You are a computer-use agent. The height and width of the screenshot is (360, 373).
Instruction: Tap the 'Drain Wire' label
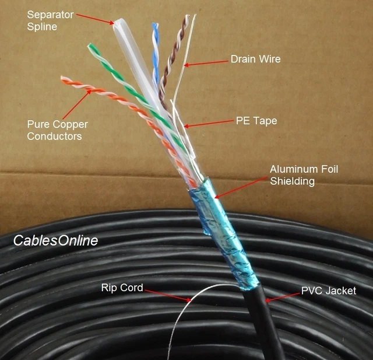(x=255, y=59)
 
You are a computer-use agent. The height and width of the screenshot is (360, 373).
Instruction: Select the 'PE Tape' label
(x=256, y=121)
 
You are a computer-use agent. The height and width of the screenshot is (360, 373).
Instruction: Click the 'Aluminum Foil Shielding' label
(x=303, y=175)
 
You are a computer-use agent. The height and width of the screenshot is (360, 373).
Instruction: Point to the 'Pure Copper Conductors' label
(x=54, y=130)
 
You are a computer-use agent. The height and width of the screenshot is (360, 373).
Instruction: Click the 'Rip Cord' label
(x=122, y=287)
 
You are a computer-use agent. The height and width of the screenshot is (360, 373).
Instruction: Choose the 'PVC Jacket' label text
(x=328, y=290)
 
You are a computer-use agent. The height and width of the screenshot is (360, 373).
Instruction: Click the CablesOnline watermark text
(x=55, y=240)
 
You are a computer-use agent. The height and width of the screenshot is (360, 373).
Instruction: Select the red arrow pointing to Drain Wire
(x=206, y=62)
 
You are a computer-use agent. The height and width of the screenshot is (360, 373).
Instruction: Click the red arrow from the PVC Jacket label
(x=282, y=296)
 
